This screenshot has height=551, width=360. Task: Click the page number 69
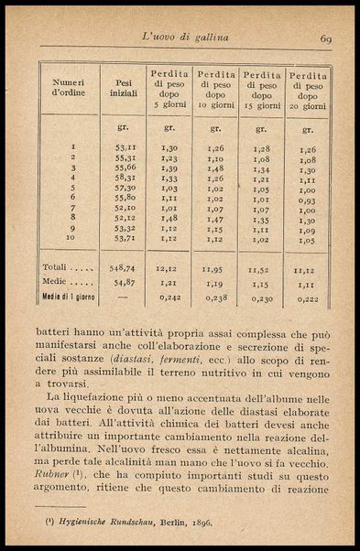coord(325,38)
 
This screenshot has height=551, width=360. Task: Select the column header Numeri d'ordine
coord(69,87)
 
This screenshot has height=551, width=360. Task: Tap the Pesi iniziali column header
coord(124,87)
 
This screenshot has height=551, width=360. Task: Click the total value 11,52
coord(261,270)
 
